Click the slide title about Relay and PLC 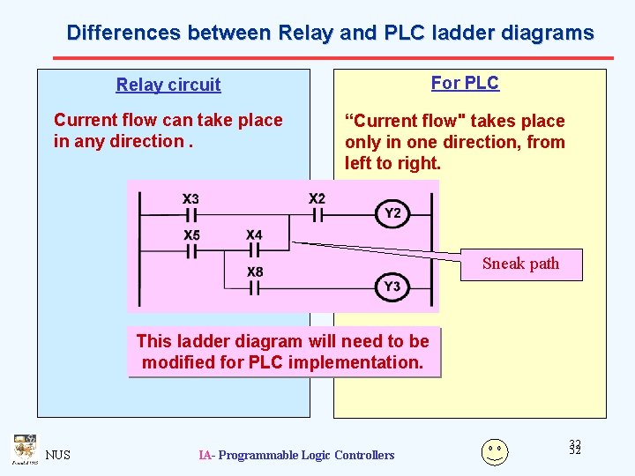330,33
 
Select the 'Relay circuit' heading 168,86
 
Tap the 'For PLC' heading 465,84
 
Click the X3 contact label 190,199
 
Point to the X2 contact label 317,198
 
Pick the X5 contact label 191,235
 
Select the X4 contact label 254,234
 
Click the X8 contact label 255,271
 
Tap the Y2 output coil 392,213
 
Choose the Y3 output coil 392,286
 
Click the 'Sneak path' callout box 521,264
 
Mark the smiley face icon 495,451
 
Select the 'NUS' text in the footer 58,456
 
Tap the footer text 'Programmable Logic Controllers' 306,456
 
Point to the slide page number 575,448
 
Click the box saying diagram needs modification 283,352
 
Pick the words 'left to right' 392,163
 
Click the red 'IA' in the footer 205,456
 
